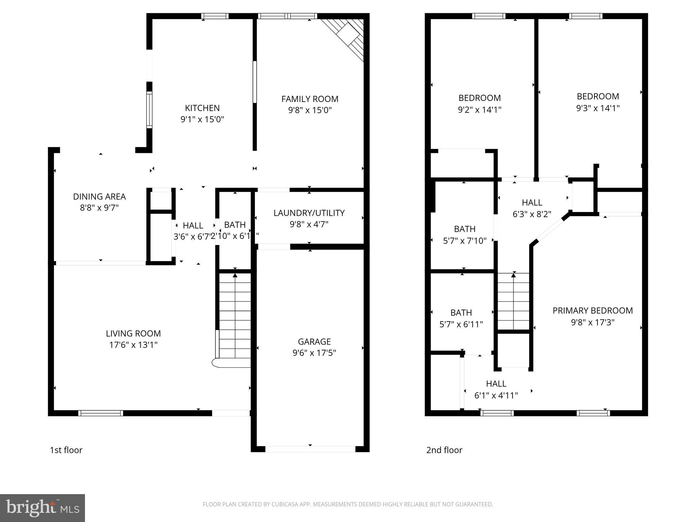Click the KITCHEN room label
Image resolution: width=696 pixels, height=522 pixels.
(202, 108)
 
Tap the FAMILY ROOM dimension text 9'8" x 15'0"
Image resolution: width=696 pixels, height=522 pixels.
(310, 110)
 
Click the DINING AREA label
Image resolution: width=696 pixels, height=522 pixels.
(99, 196)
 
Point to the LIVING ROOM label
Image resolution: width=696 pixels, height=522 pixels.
(133, 333)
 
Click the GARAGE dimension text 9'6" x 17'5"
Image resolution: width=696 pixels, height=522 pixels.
(314, 353)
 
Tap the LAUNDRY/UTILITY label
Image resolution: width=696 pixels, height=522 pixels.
(309, 213)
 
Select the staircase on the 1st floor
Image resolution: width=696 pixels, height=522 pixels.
(235, 316)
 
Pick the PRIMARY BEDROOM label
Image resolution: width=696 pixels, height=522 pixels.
(592, 311)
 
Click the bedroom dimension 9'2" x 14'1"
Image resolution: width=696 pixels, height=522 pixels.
(480, 109)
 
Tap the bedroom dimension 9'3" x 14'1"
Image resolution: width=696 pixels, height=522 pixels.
(598, 108)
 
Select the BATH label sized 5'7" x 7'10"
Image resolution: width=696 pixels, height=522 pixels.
(465, 229)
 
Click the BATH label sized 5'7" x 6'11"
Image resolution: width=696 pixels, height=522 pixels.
(461, 313)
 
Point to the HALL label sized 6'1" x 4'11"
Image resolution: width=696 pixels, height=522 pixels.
(496, 384)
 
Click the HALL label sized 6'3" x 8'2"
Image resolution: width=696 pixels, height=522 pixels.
(532, 203)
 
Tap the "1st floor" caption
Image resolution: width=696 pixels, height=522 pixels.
(66, 450)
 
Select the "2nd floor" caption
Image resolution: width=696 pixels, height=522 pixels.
(444, 450)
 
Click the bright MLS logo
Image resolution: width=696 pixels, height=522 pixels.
(42, 508)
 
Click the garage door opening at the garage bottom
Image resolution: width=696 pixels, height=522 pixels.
(310, 449)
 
